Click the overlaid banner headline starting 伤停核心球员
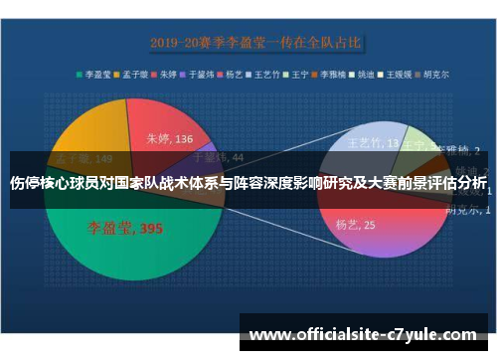pyautogui.click(x=248, y=184)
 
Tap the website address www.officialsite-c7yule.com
pyautogui.click(x=363, y=335)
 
